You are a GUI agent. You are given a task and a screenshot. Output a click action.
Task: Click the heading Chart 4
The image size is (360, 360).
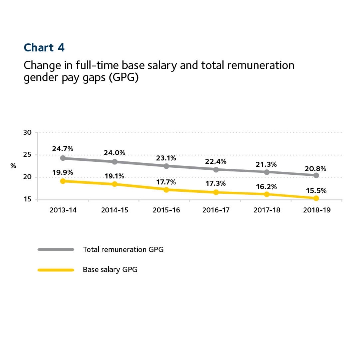(44, 48)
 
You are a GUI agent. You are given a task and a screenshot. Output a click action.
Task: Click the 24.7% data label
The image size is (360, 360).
(63, 149)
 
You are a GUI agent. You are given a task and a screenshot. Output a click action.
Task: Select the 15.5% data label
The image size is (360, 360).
(316, 190)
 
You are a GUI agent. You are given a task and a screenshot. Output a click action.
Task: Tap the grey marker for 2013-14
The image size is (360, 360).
(62, 158)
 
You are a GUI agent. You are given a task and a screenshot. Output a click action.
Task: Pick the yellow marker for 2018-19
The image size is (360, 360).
(316, 198)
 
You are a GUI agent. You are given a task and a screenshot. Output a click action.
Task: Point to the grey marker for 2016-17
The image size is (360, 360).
(216, 169)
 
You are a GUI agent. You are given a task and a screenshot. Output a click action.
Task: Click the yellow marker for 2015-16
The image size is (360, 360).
(165, 189)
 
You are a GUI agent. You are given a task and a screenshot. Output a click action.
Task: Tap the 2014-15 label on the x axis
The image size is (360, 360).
(114, 211)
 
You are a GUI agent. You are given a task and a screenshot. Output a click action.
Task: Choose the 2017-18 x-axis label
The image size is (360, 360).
(266, 211)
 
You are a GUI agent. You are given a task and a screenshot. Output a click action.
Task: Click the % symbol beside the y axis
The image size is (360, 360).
(13, 166)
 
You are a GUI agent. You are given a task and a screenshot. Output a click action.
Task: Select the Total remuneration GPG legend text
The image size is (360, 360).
(123, 249)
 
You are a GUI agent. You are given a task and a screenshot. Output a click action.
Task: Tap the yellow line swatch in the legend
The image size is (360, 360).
(55, 270)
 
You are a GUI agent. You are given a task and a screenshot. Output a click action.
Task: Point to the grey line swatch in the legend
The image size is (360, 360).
(55, 249)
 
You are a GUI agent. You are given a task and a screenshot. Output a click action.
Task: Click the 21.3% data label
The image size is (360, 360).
(266, 163)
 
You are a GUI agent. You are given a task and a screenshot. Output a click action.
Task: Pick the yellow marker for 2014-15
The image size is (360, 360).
(114, 184)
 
